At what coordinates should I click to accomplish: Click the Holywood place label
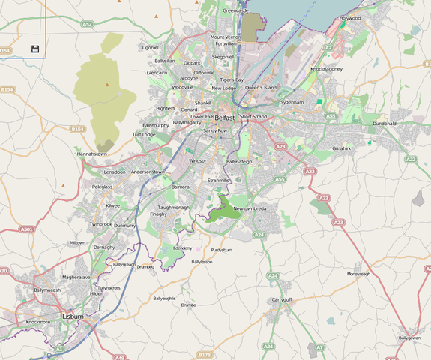350,17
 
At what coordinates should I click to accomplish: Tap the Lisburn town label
73,317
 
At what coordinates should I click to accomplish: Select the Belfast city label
225,118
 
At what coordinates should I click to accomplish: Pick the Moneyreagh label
358,274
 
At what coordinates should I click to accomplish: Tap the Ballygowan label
409,337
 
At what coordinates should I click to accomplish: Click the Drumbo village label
188,305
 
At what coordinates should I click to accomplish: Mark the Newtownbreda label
250,208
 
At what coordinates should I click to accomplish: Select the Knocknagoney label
327,68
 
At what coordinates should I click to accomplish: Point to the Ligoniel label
150,47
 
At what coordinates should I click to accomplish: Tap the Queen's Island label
261,88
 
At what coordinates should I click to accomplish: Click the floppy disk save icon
35,49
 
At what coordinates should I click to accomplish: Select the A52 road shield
88,24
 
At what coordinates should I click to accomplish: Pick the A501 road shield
28,229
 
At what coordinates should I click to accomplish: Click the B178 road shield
205,353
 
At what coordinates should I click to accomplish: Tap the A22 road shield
410,159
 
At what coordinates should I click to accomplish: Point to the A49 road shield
120,357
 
